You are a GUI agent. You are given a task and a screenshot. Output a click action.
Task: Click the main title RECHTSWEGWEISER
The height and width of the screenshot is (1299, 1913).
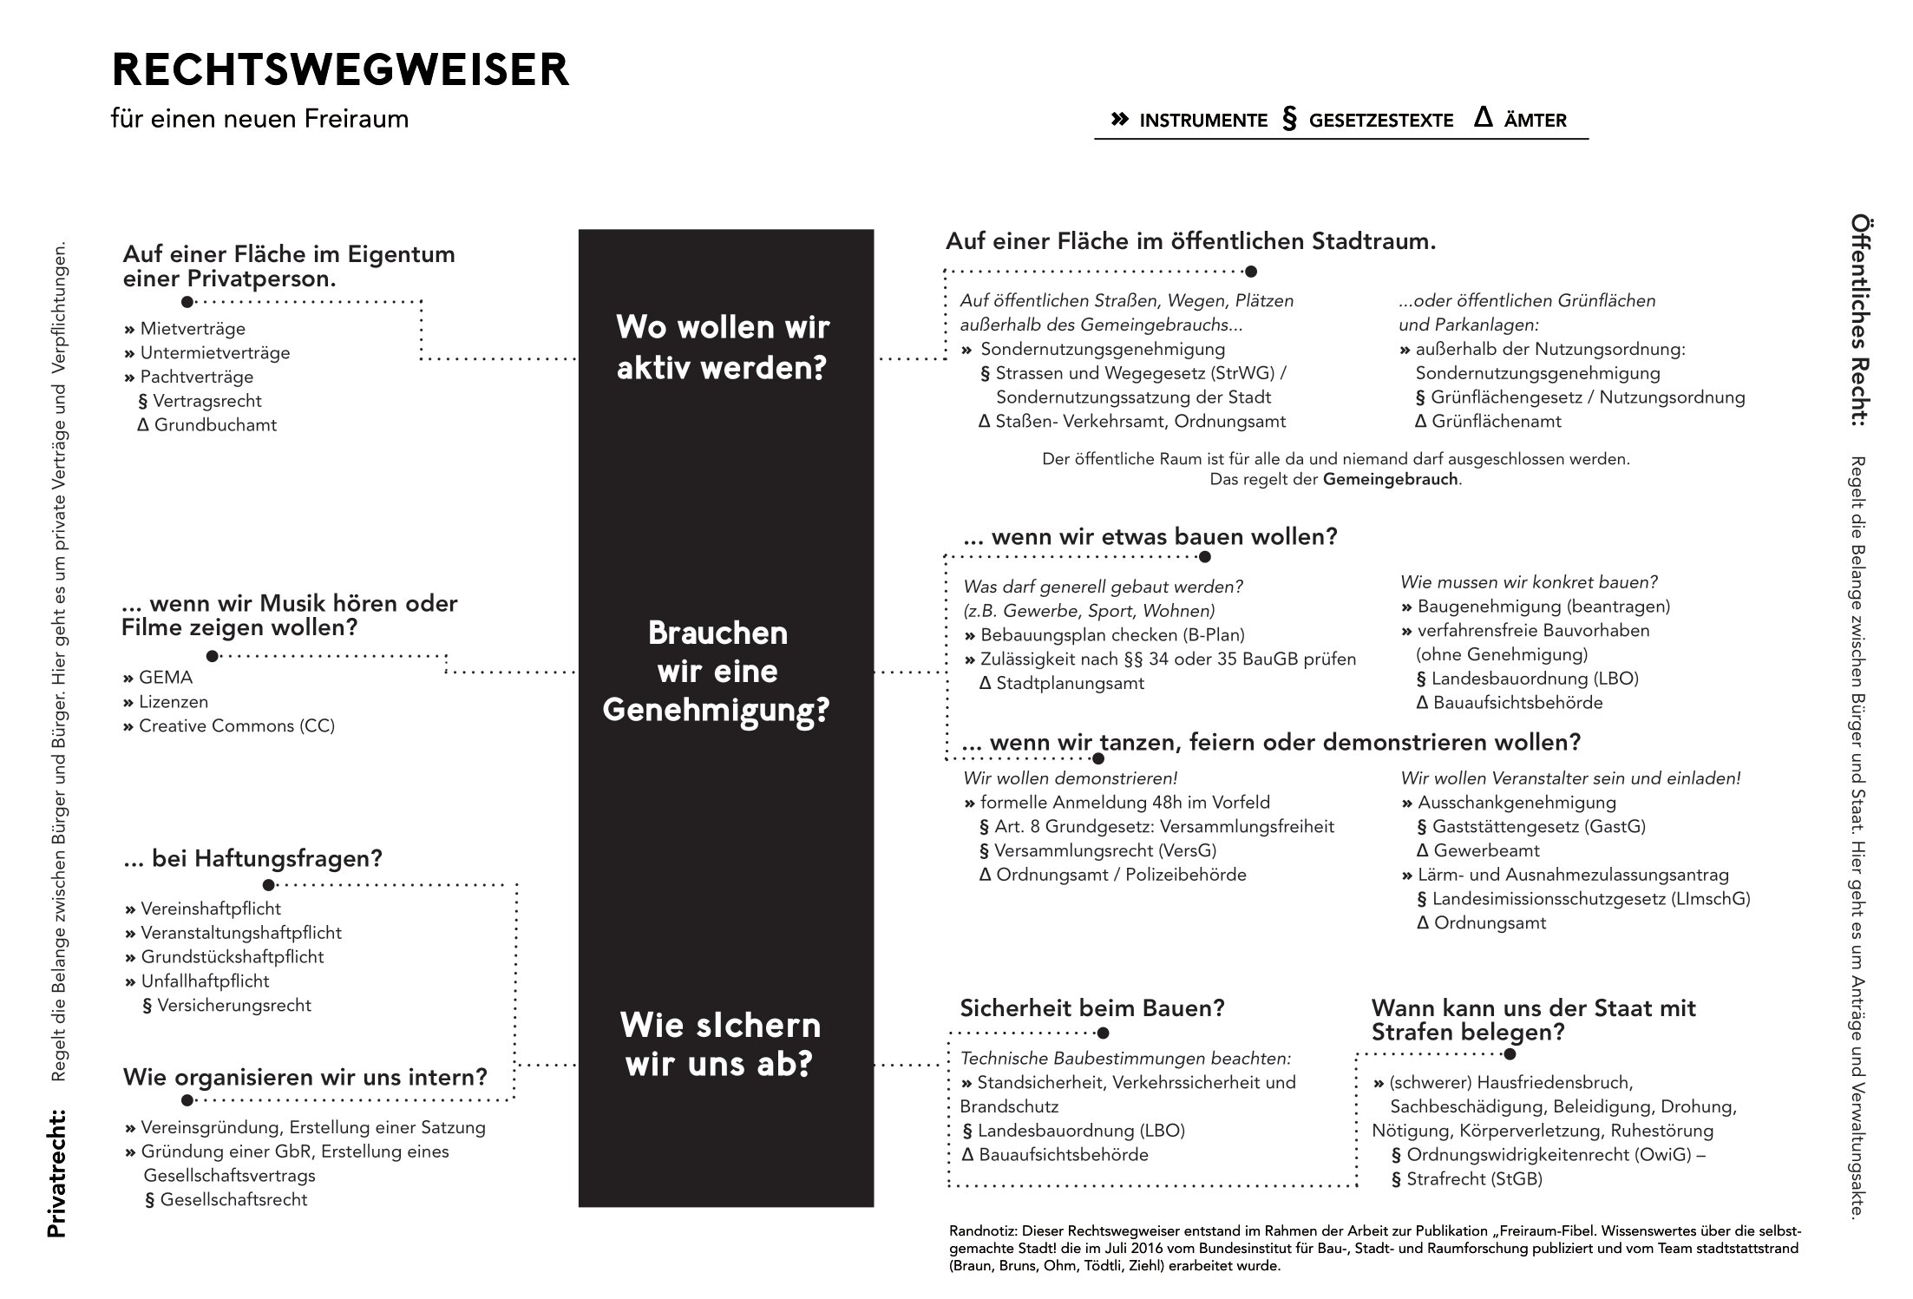point(340,69)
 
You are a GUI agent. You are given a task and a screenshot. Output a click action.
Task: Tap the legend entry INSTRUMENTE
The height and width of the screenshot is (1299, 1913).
point(1202,121)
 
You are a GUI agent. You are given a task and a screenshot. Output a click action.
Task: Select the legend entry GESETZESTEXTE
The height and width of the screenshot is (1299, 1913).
point(1380,121)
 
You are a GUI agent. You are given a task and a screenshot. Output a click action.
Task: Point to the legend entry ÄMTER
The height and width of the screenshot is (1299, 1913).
point(1535,121)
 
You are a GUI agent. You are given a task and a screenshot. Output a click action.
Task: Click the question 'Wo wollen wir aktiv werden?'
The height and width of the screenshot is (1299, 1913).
point(722,347)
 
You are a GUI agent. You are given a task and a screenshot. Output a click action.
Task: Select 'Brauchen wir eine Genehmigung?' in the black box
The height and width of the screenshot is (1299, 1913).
point(717,672)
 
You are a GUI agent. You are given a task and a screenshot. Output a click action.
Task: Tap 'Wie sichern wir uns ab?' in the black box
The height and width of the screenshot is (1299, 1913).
point(719,1044)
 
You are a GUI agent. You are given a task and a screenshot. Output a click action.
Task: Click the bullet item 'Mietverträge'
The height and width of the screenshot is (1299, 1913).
point(192,329)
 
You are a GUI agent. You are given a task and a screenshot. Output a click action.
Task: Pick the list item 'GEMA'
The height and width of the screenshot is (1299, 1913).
point(165,678)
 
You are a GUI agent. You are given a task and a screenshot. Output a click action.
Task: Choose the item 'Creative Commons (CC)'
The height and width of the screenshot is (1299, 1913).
point(236,725)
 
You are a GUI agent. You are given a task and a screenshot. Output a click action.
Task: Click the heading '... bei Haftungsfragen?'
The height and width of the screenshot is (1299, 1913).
point(252,859)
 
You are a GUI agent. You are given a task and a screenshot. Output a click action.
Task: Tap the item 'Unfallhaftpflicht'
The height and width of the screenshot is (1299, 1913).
point(205,981)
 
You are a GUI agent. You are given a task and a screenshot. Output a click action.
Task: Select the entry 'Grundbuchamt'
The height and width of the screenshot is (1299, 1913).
point(215,425)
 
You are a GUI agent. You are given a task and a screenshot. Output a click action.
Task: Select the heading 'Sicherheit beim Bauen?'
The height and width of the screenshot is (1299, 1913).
point(1091,1008)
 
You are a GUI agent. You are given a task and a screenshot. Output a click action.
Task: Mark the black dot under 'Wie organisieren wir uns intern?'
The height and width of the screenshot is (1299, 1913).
point(187,1100)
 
